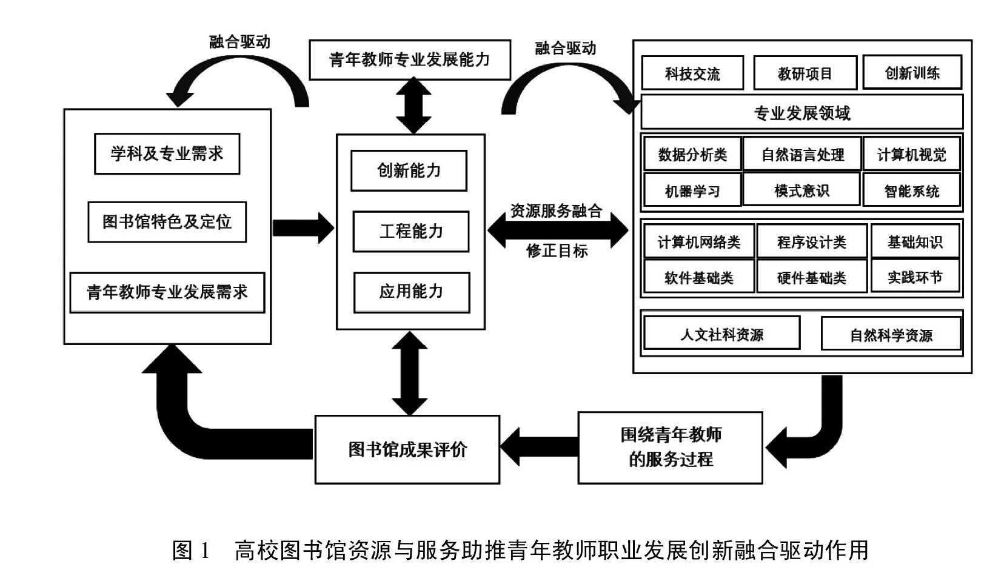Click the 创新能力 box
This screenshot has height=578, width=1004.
(409, 170)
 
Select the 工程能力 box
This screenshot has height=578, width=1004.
(410, 231)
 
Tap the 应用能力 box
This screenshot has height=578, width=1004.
(411, 292)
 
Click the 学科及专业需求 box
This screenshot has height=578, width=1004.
(167, 153)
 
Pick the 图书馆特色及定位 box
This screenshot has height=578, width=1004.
(167, 222)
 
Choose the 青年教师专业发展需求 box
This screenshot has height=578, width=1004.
(167, 292)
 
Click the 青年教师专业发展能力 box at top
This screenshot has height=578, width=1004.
(409, 59)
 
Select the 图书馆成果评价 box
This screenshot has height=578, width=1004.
(407, 449)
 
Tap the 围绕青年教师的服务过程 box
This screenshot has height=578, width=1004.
(670, 448)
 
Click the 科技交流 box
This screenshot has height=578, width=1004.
(692, 73)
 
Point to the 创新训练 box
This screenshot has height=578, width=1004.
(912, 73)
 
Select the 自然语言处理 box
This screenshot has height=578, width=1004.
(802, 155)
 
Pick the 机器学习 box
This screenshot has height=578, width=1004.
(692, 191)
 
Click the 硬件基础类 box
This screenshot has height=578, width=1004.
(811, 278)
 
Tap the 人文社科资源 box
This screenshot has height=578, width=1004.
(721, 334)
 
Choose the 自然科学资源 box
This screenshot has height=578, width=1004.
(891, 335)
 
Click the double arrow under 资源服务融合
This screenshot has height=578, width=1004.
(558, 230)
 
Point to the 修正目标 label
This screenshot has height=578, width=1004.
(557, 250)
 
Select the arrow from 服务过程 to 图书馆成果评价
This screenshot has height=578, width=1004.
(539, 446)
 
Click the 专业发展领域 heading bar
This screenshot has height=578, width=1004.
(802, 113)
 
